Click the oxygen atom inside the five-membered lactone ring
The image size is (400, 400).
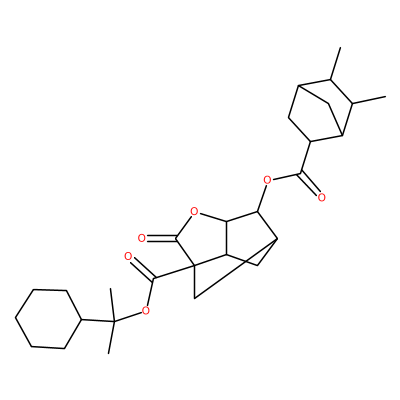195,211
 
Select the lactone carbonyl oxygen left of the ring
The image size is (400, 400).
142,238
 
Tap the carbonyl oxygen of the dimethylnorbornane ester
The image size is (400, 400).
321,197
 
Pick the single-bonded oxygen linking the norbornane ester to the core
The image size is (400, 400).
267,181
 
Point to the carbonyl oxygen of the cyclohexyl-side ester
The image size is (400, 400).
128,257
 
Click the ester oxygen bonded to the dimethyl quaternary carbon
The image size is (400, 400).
145,311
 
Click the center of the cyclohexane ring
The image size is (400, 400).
49,319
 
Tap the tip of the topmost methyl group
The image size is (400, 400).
340,48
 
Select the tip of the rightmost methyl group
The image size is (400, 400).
385,97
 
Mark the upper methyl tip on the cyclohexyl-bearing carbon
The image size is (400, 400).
110,289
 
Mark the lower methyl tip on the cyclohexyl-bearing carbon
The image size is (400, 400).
109,353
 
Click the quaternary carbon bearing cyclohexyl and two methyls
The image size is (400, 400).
114,321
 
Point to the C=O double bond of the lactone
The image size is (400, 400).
161,238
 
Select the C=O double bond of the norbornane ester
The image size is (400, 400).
309,183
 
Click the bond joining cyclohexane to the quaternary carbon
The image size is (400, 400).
98,320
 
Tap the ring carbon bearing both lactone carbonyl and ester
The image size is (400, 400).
194,265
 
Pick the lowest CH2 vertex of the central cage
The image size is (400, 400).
195,298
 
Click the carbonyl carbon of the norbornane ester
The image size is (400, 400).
302,172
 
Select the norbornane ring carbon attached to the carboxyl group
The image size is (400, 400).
311,142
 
